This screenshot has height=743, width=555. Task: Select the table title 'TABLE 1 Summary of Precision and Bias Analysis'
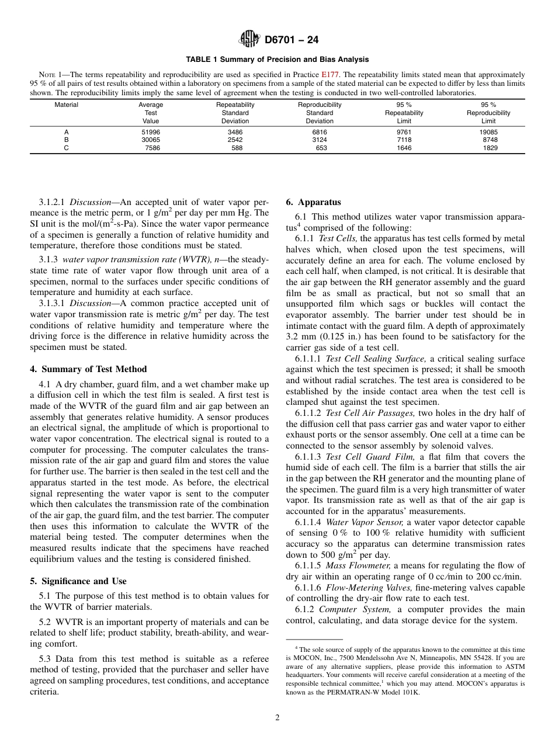point(277,60)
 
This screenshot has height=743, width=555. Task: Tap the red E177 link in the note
point(328,75)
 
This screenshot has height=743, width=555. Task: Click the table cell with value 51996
point(151,132)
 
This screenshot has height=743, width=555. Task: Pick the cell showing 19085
point(488,132)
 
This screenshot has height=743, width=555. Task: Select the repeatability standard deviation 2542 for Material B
point(235,140)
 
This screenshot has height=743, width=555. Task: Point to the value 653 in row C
point(321,148)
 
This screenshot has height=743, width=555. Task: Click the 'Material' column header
point(66,105)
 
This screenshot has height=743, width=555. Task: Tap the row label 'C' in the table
point(66,148)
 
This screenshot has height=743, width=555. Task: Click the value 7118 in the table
point(404,140)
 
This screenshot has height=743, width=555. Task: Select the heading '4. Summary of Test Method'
point(88,369)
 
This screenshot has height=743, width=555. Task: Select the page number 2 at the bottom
point(277,718)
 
